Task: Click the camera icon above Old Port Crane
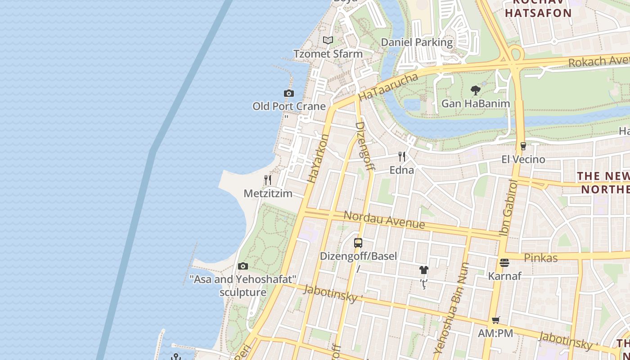coord(289,94)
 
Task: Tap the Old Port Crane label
coord(289,107)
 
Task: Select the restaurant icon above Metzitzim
coord(268,180)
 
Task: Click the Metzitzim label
coord(268,193)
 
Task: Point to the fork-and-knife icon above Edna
coord(402,157)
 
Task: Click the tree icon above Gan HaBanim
coord(475,90)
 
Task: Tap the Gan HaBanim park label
coord(476,103)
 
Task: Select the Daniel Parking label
coord(417,42)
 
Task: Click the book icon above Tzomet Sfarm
coord(328,40)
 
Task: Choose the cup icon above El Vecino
coord(523,146)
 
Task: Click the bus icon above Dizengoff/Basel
coord(358,243)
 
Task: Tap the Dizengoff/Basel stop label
coord(358,256)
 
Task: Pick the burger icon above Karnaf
coord(504,263)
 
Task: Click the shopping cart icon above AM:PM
coord(495,320)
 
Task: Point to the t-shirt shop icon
coord(423,270)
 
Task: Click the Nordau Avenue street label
coord(384,219)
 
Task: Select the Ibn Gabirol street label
coord(509,207)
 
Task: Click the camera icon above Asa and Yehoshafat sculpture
coord(243,266)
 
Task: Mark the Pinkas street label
coord(541,258)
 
